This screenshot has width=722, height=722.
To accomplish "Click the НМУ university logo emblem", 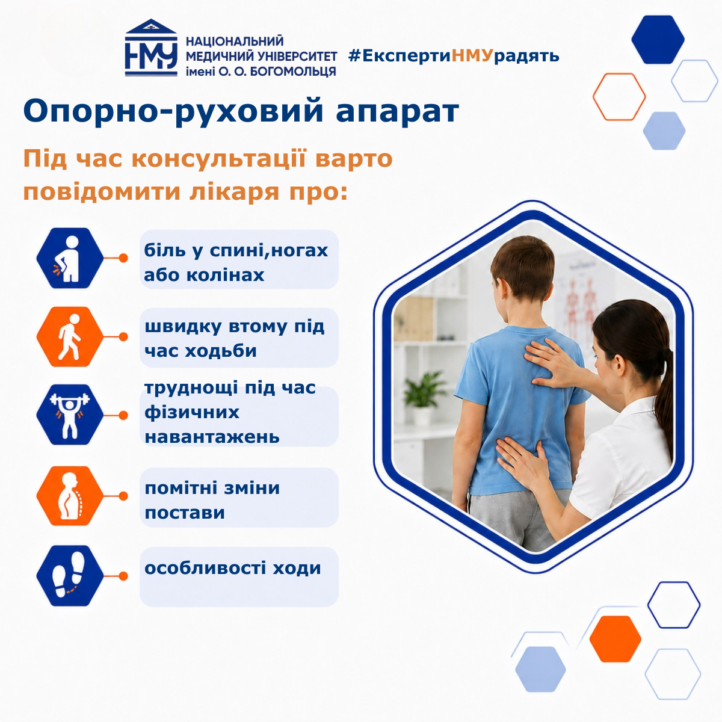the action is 151,48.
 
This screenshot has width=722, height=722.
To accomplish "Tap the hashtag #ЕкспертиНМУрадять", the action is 454,56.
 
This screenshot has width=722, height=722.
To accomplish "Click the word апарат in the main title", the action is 397,111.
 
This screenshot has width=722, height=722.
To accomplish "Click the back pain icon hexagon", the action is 70,258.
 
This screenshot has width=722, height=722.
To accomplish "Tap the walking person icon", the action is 70,336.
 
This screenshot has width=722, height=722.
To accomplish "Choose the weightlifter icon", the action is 70,415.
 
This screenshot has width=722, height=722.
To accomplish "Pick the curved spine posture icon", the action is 70,496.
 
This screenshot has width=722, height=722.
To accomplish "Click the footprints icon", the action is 70,576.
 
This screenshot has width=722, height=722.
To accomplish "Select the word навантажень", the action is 212,437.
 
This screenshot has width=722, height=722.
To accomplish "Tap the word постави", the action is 185,513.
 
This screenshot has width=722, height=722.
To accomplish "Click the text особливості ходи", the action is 233,568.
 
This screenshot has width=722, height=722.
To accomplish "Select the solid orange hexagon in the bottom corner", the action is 616,639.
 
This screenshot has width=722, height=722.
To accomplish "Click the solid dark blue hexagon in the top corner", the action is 658,39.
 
